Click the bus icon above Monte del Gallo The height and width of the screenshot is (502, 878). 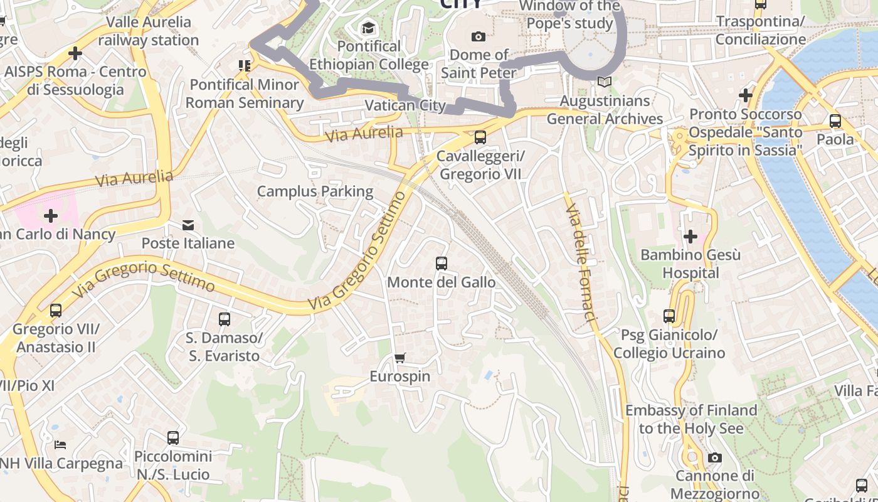[x=442, y=264]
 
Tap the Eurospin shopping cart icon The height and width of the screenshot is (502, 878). [x=399, y=358]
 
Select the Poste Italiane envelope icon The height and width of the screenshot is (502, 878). [x=188, y=225]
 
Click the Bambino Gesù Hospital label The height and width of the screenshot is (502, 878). [x=690, y=264]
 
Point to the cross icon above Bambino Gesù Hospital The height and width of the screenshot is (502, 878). [x=690, y=237]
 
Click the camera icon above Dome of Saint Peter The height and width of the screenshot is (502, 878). [x=479, y=36]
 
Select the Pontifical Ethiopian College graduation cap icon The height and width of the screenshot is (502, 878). [x=368, y=28]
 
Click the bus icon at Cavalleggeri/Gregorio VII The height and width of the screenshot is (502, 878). [x=480, y=137]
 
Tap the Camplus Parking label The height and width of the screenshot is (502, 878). [x=315, y=191]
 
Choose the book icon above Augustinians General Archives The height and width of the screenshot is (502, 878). [x=605, y=82]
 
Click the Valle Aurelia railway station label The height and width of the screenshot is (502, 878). [x=149, y=31]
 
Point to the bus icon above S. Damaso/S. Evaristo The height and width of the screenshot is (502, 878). [x=225, y=319]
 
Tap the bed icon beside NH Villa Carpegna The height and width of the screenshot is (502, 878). [x=60, y=444]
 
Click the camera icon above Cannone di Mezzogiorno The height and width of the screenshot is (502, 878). [x=715, y=457]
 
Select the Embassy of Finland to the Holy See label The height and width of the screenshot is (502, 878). [x=691, y=419]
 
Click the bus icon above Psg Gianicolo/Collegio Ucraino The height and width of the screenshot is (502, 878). [x=669, y=316]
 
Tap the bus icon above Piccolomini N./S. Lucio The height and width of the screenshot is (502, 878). [x=173, y=437]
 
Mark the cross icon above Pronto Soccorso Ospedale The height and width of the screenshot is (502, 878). [x=745, y=95]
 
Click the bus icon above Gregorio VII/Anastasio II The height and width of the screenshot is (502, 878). [x=56, y=310]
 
